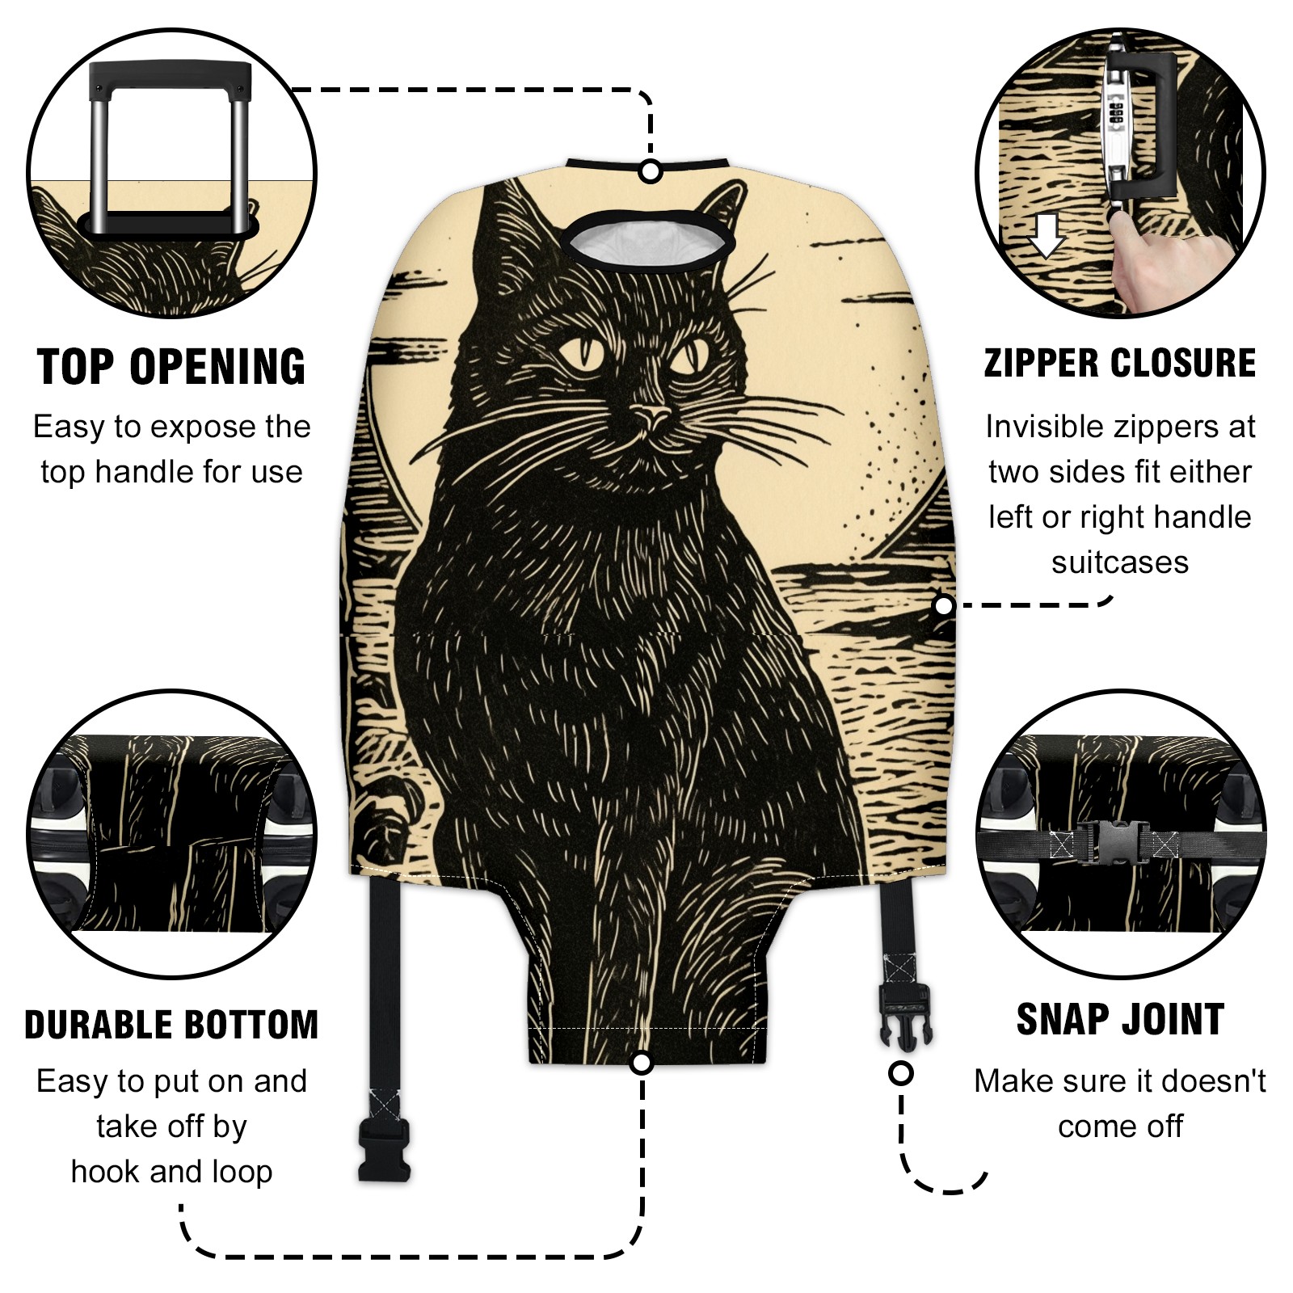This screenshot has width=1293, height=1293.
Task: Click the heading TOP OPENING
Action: pos(171,367)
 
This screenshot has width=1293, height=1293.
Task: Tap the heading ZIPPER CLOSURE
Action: pos(1120,363)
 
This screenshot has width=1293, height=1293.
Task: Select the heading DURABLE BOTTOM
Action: pos(171,1025)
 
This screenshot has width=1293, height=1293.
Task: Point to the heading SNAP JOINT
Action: pos(1120,1019)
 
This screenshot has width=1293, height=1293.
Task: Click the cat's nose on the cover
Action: pos(651,416)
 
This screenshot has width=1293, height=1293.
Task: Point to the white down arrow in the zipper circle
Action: pos(1047,235)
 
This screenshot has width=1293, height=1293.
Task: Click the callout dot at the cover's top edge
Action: pos(651,171)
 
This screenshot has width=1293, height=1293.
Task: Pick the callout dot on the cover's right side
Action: pos(943,605)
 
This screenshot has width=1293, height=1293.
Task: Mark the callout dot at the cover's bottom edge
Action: pos(642,1062)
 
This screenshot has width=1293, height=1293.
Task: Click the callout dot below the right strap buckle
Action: pos(900,1073)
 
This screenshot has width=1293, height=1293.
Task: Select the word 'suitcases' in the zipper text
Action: pos(1120,562)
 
